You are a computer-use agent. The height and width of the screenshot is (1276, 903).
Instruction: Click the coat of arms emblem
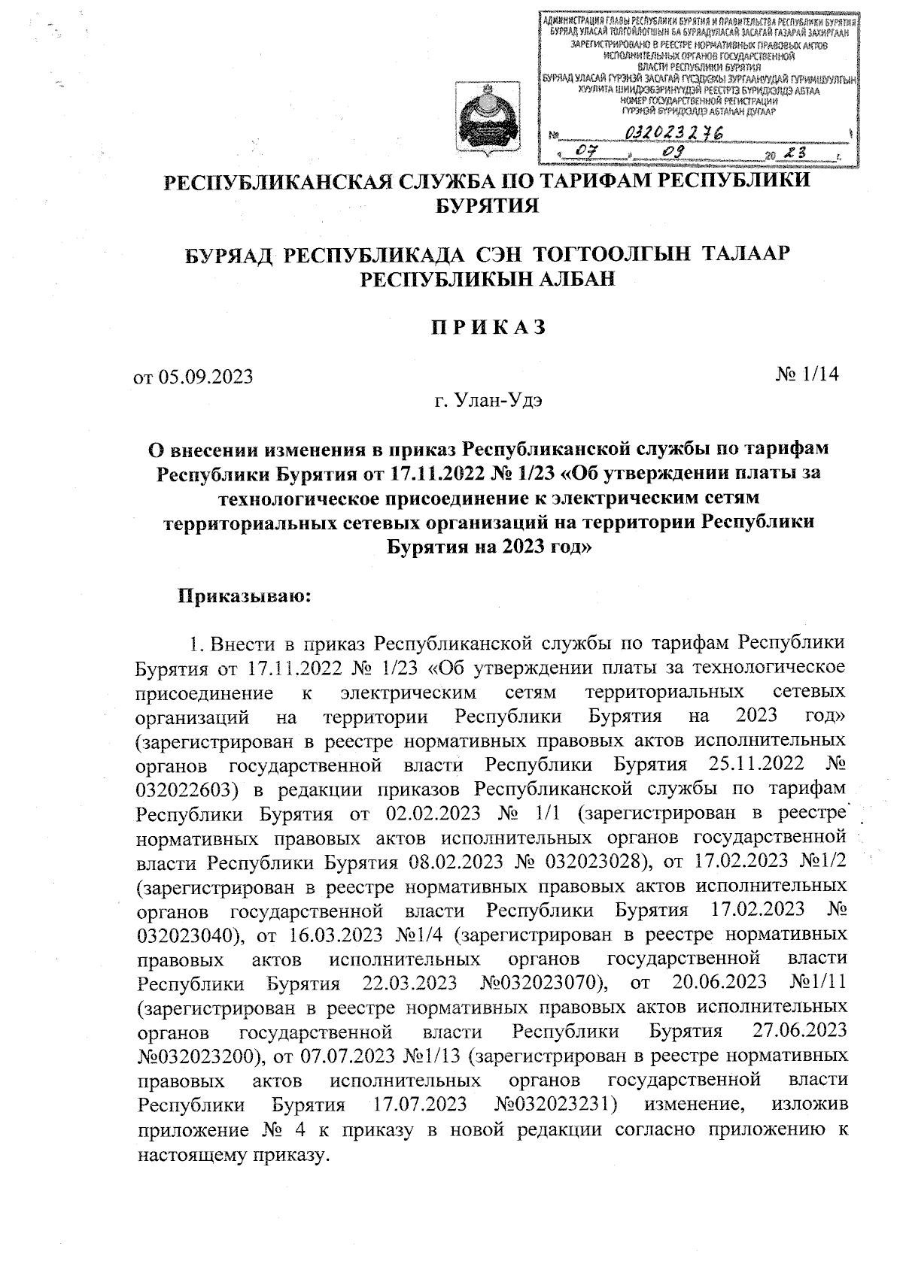click(491, 120)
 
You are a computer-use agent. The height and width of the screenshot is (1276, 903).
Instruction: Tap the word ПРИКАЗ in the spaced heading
click(487, 328)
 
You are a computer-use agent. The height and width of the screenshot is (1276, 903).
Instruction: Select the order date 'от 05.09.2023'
click(193, 376)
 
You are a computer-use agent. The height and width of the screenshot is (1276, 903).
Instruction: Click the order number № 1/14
click(807, 374)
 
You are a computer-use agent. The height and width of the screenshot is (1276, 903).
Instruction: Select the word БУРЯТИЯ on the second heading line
click(488, 205)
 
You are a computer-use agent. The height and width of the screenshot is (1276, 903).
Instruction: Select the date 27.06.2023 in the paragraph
click(800, 1031)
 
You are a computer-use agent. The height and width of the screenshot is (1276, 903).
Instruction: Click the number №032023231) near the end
click(557, 1105)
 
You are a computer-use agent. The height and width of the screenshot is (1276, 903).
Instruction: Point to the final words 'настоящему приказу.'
click(234, 1153)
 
